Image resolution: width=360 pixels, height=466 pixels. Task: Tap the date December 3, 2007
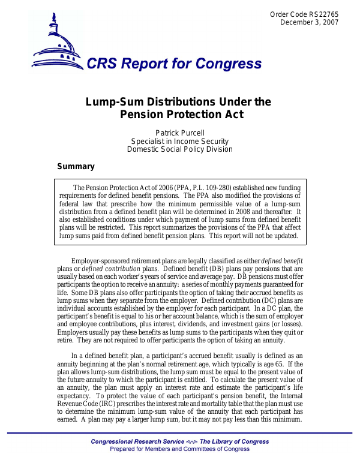click(x=310, y=22)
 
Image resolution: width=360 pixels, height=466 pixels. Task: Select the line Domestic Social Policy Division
click(x=179, y=149)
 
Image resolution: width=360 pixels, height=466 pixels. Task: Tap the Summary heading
click(x=76, y=167)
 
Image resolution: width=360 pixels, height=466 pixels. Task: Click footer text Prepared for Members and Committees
click(x=179, y=449)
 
